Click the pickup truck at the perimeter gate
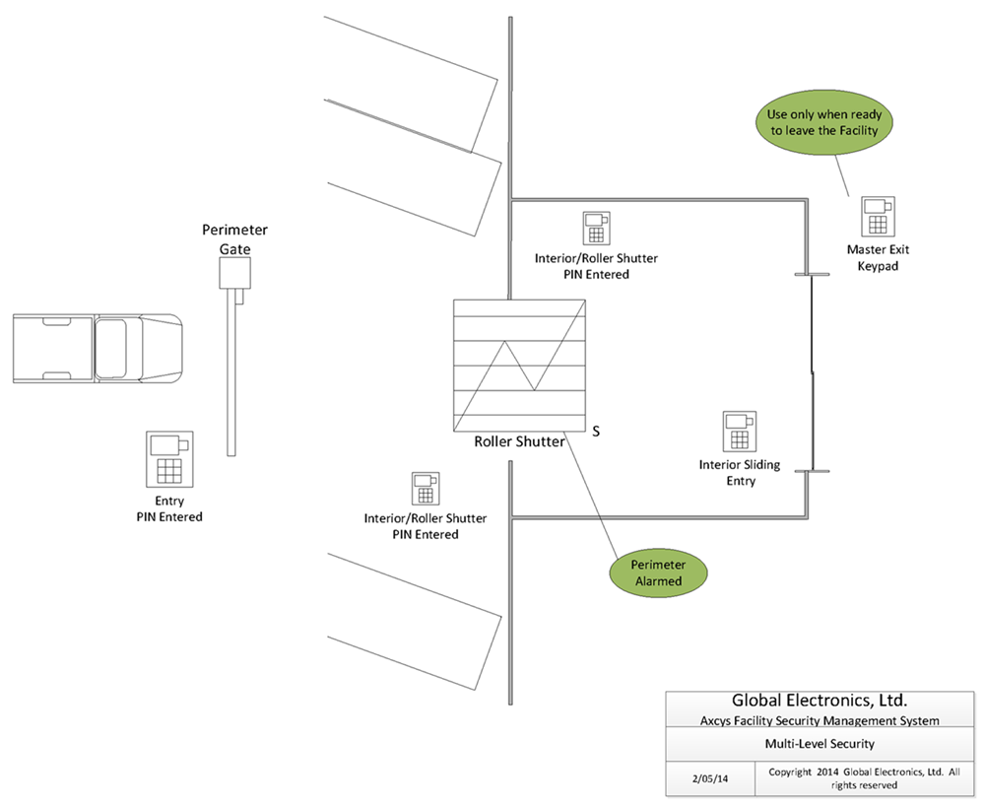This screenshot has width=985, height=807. [97, 349]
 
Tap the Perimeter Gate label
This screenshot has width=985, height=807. [235, 239]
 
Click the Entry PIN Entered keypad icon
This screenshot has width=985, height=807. [169, 458]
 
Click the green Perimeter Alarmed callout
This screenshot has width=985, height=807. [657, 572]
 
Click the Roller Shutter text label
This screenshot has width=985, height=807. [520, 441]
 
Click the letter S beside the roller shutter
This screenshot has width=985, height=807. [595, 431]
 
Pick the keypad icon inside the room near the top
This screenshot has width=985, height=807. [594, 229]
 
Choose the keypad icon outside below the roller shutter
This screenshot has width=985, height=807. [425, 489]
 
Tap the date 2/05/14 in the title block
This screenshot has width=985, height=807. [710, 777]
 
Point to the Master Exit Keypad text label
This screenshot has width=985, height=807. [879, 257]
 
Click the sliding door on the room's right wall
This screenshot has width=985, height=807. [811, 373]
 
